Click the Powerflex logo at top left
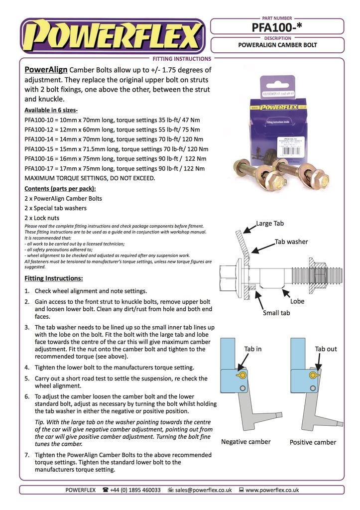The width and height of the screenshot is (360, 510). pyautogui.click(x=112, y=36)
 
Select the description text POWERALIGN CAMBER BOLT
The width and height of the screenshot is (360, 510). pyautogui.click(x=277, y=45)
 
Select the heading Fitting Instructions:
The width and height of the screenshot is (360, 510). pyautogui.click(x=53, y=278)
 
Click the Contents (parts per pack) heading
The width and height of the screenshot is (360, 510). pyautogui.click(x=60, y=189)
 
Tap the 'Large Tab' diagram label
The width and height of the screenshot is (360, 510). pyautogui.click(x=271, y=224)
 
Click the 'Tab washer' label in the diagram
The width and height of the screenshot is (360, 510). pyautogui.click(x=291, y=242)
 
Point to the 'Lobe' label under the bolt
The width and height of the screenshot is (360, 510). pyautogui.click(x=297, y=301)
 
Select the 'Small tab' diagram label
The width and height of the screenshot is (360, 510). pyautogui.click(x=276, y=313)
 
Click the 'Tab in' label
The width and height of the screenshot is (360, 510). pyautogui.click(x=252, y=349)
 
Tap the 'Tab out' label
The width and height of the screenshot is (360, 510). pyautogui.click(x=326, y=349)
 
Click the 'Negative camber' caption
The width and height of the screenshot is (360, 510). pyautogui.click(x=245, y=442)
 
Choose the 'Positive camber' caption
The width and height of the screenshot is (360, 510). pyautogui.click(x=313, y=442)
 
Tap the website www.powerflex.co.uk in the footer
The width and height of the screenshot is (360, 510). pyautogui.click(x=272, y=490)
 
